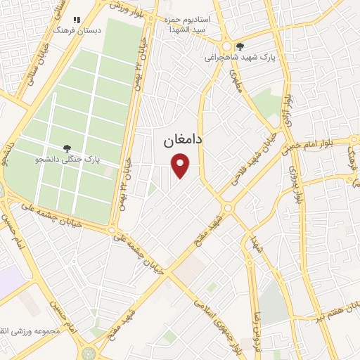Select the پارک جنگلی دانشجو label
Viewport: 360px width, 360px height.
pos(68,160)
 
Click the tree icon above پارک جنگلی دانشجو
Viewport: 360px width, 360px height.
pos(67,148)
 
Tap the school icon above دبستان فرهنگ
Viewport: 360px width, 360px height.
pos(77,20)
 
